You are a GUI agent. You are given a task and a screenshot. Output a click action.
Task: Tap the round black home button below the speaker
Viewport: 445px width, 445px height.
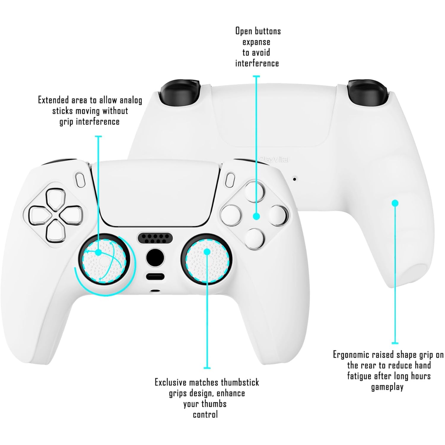(x=155, y=258)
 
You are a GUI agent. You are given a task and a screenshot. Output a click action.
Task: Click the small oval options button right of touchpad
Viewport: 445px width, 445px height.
(x=230, y=180)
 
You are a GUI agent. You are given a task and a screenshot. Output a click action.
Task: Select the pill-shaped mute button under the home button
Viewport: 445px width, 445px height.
(x=155, y=277)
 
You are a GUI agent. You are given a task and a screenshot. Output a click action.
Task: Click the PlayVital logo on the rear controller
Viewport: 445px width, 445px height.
(x=274, y=159)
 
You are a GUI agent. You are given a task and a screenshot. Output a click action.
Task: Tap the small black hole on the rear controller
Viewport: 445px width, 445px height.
(x=294, y=179)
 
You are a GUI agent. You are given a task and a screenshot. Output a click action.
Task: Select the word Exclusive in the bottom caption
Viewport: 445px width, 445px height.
(x=171, y=382)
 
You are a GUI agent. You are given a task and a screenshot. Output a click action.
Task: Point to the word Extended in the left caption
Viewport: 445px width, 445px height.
(x=54, y=100)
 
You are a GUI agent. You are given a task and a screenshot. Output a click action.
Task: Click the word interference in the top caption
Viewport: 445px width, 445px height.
(x=257, y=63)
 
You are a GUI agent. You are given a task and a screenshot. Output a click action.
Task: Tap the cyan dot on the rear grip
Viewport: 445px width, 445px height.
(x=395, y=203)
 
